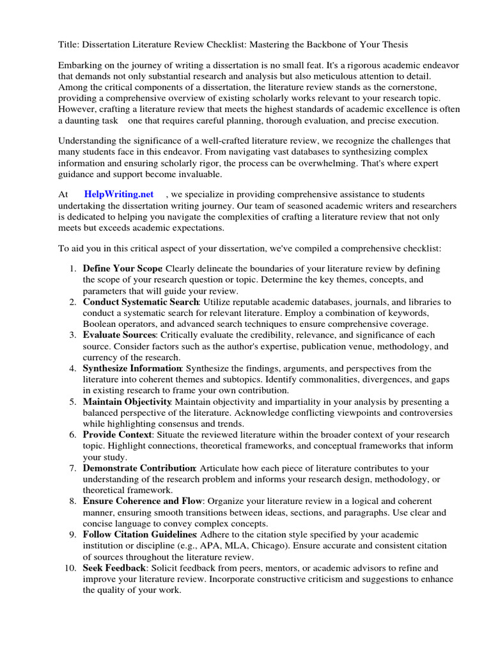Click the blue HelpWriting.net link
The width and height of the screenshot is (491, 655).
point(119,194)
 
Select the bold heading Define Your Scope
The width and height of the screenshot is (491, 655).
point(122,268)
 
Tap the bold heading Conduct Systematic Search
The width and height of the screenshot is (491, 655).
point(141,301)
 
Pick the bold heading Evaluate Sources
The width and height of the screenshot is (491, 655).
point(119,335)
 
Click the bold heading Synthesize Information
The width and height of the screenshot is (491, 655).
point(132,368)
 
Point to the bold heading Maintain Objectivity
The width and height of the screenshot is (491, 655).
point(127,401)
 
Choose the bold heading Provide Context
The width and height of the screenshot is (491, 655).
point(118,434)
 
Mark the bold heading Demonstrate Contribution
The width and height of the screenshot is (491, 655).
point(139,468)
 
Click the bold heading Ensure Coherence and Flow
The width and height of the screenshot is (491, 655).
point(142,501)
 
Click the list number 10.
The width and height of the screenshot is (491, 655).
point(70,567)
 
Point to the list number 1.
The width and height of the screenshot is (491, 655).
point(73,268)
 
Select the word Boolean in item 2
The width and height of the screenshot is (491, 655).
point(98,324)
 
